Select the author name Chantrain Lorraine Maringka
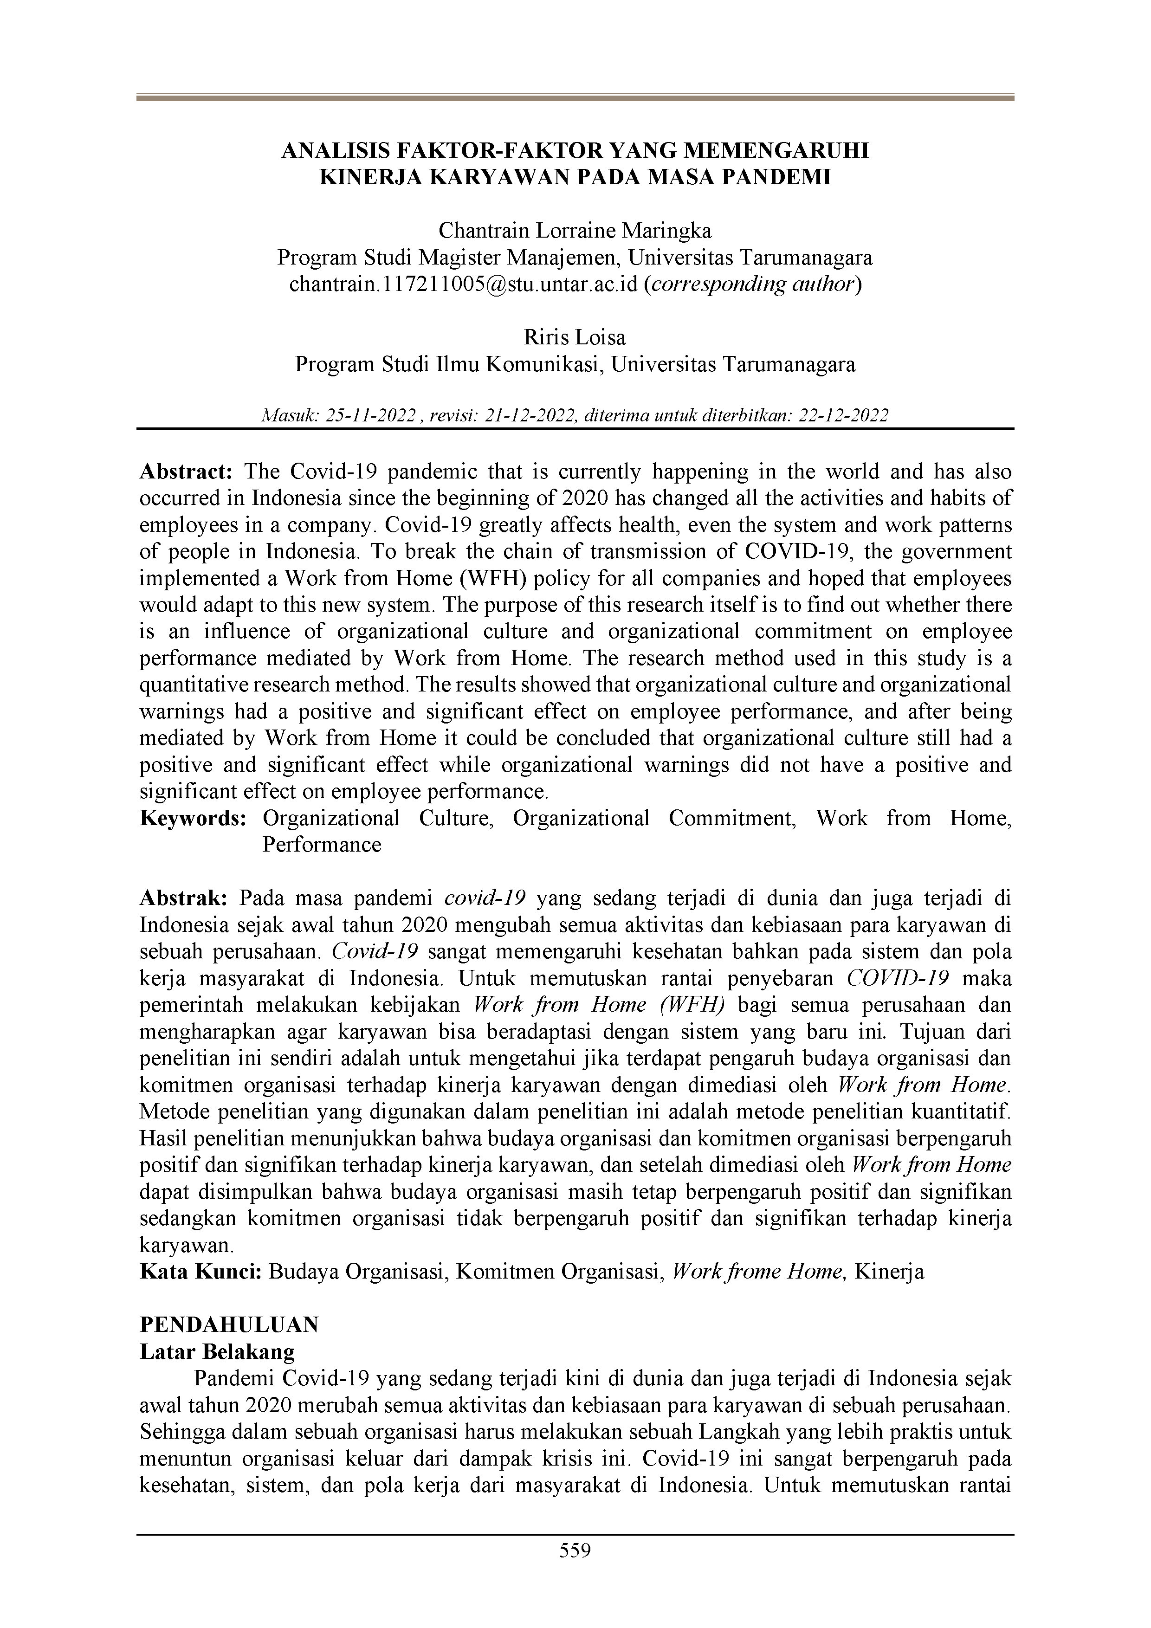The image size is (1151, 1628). click(x=575, y=231)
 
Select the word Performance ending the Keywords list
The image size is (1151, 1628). click(x=322, y=845)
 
